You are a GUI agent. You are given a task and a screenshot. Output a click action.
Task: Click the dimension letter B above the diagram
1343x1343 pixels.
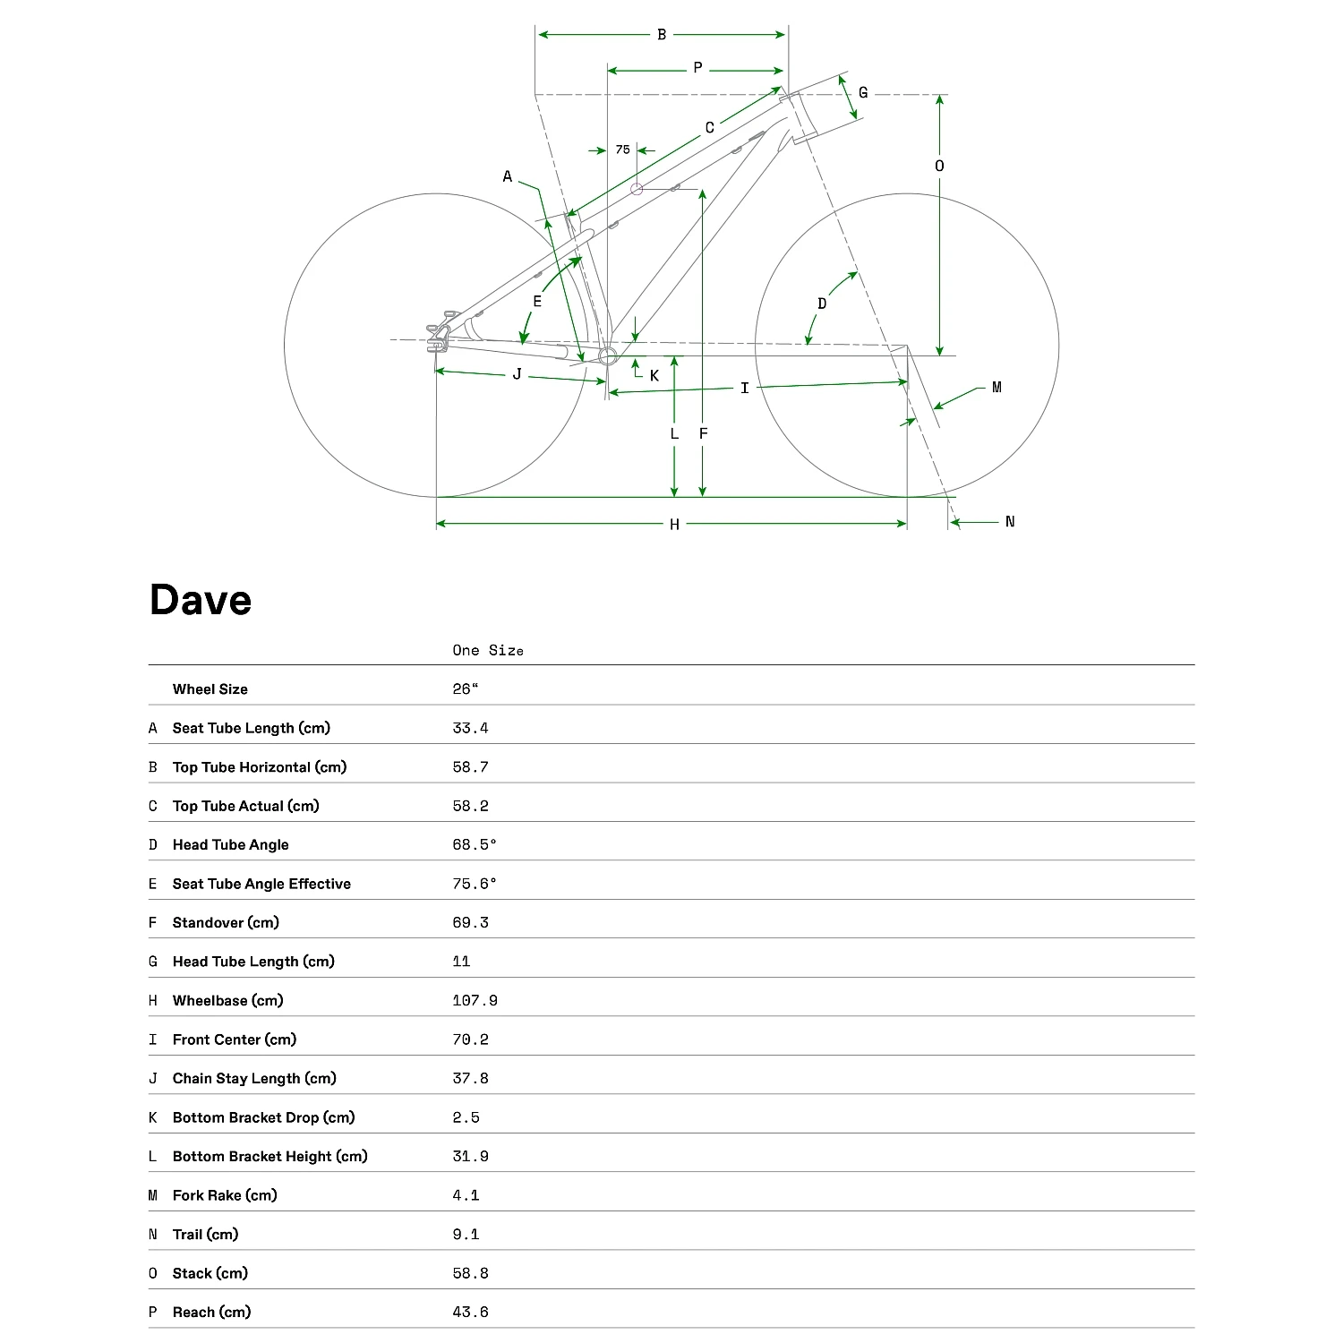[662, 35]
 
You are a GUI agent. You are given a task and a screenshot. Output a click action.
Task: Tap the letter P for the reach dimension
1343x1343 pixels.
[697, 68]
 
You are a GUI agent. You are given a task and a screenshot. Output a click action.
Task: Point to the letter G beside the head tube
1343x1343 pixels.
[863, 92]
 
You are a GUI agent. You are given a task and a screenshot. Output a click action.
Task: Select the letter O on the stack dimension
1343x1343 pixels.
[939, 166]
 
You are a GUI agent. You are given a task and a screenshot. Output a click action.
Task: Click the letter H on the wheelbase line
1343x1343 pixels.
[674, 525]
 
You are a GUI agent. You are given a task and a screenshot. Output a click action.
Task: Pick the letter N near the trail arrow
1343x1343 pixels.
[1010, 522]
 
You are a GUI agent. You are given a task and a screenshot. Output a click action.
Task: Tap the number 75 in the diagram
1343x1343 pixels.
[622, 150]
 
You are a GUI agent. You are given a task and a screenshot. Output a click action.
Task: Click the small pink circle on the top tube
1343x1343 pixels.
[637, 189]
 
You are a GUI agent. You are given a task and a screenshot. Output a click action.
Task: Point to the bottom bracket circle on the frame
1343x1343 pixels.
[608, 356]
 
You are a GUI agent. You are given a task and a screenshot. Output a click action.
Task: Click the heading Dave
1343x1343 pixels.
[201, 600]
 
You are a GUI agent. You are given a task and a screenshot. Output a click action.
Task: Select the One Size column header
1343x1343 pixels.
[487, 651]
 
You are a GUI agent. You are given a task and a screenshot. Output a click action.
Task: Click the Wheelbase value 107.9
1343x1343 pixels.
[475, 1000]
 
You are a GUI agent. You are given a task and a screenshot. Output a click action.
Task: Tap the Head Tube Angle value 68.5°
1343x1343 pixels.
[474, 844]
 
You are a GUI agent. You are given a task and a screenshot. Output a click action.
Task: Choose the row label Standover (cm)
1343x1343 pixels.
[226, 922]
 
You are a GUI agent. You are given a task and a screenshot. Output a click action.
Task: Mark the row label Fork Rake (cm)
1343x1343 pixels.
[225, 1195]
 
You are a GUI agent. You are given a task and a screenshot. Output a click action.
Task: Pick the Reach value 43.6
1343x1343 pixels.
[470, 1312]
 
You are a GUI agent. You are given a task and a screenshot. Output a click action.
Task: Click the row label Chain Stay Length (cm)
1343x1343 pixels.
[254, 1078]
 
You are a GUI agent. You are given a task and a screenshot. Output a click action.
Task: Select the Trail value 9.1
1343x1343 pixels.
[466, 1234]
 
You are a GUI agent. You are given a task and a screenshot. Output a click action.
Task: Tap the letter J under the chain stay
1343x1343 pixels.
[517, 374]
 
